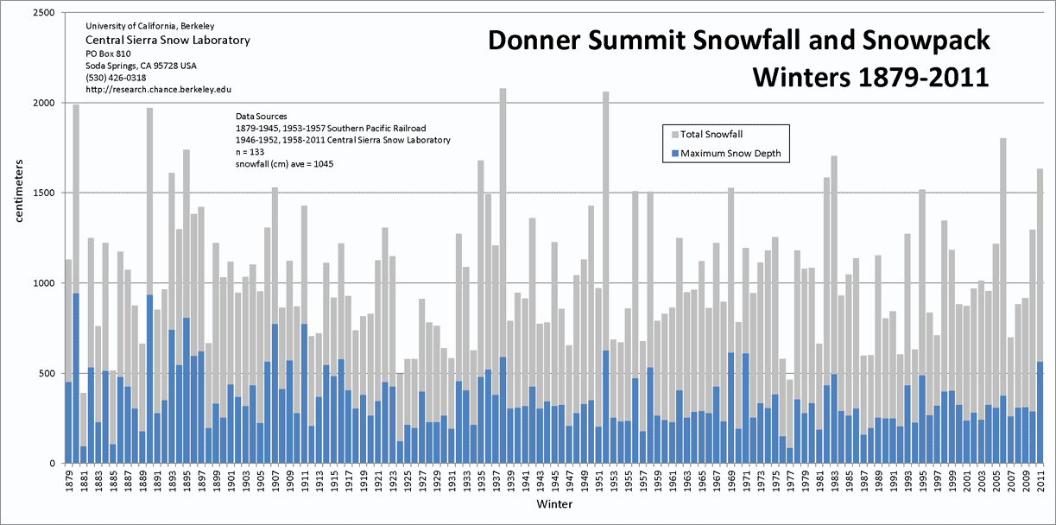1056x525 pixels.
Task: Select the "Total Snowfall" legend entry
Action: pyautogui.click(x=712, y=134)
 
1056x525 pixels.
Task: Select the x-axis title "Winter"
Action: pyautogui.click(x=553, y=503)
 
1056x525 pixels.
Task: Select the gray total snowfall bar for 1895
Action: pyautogui.click(x=187, y=233)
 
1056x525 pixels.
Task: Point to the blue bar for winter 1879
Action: pyautogui.click(x=68, y=423)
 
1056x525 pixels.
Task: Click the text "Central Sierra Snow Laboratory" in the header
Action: pyautogui.click(x=168, y=41)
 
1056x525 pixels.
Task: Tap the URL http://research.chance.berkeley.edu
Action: pyautogui.click(x=158, y=89)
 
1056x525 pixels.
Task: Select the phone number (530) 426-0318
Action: pyautogui.click(x=116, y=77)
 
